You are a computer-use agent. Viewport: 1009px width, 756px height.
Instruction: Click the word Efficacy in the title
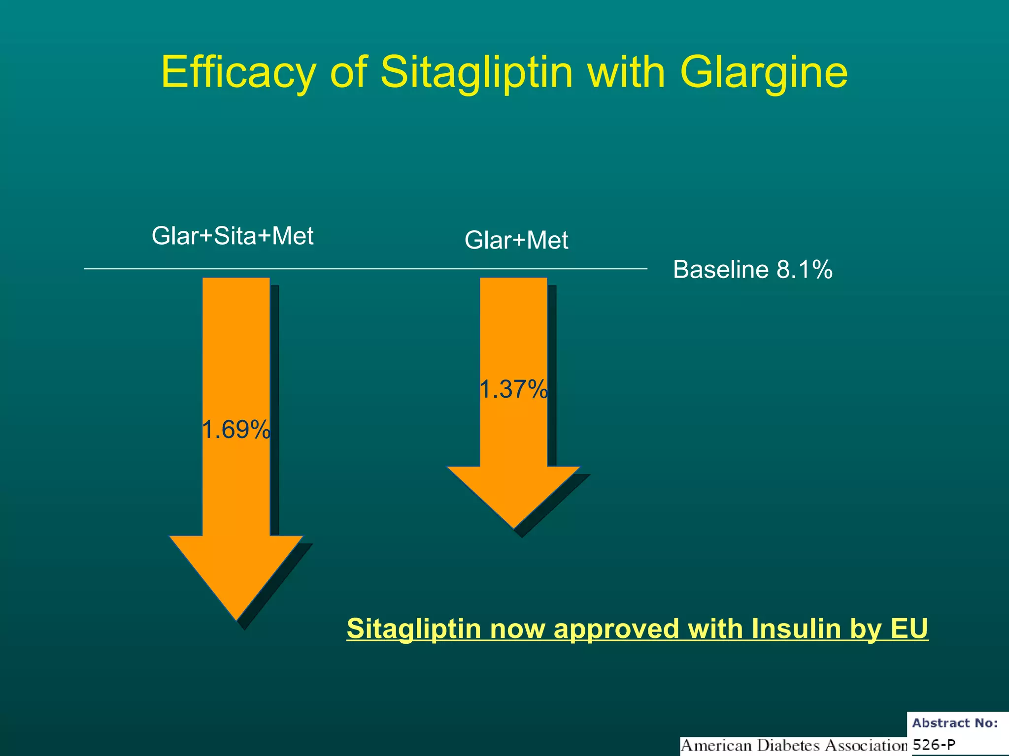pyautogui.click(x=238, y=73)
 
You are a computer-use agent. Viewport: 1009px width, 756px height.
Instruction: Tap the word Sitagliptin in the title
pyautogui.click(x=476, y=73)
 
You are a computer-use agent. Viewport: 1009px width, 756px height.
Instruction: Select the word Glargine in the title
pyautogui.click(x=764, y=73)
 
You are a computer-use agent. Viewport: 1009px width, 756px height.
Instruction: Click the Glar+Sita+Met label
pyautogui.click(x=233, y=236)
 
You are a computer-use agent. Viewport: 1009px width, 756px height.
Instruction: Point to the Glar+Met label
pyautogui.click(x=516, y=241)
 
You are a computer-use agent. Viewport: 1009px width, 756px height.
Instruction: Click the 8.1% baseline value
pyautogui.click(x=804, y=270)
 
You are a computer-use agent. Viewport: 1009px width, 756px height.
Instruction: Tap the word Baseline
pyautogui.click(x=721, y=270)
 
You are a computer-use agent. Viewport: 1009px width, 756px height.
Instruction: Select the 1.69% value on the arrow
pyautogui.click(x=236, y=430)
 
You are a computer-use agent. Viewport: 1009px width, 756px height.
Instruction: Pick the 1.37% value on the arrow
pyautogui.click(x=513, y=389)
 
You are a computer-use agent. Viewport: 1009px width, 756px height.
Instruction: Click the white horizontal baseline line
pyautogui.click(x=365, y=269)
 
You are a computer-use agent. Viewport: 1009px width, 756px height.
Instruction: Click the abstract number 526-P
pyautogui.click(x=934, y=745)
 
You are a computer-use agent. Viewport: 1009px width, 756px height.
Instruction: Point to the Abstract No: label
pyautogui.click(x=955, y=723)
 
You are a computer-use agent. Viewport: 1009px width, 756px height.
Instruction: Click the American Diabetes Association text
pyautogui.click(x=793, y=746)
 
